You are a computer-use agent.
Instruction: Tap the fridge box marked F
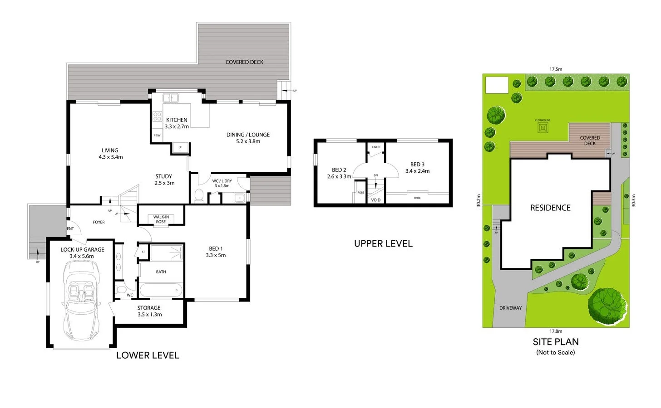180,148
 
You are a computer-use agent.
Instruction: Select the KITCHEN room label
177,120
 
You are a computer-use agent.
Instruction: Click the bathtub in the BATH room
161,290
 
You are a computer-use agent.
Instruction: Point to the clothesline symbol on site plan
543,127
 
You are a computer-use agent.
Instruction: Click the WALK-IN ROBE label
161,219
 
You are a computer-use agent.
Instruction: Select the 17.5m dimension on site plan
556,69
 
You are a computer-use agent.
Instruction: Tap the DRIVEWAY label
510,308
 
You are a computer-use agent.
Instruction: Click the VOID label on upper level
376,200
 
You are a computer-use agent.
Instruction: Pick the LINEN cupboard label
376,147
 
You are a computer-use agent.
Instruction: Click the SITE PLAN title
556,342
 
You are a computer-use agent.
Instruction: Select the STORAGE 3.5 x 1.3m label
149,311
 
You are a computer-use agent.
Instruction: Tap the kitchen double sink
171,97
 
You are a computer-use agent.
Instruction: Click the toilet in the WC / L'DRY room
199,195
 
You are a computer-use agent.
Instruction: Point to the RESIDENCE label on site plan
550,208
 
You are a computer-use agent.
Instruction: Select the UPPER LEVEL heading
383,243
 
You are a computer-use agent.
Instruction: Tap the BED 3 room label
417,168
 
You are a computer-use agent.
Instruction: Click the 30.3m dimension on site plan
633,200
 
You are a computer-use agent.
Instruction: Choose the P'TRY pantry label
157,136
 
